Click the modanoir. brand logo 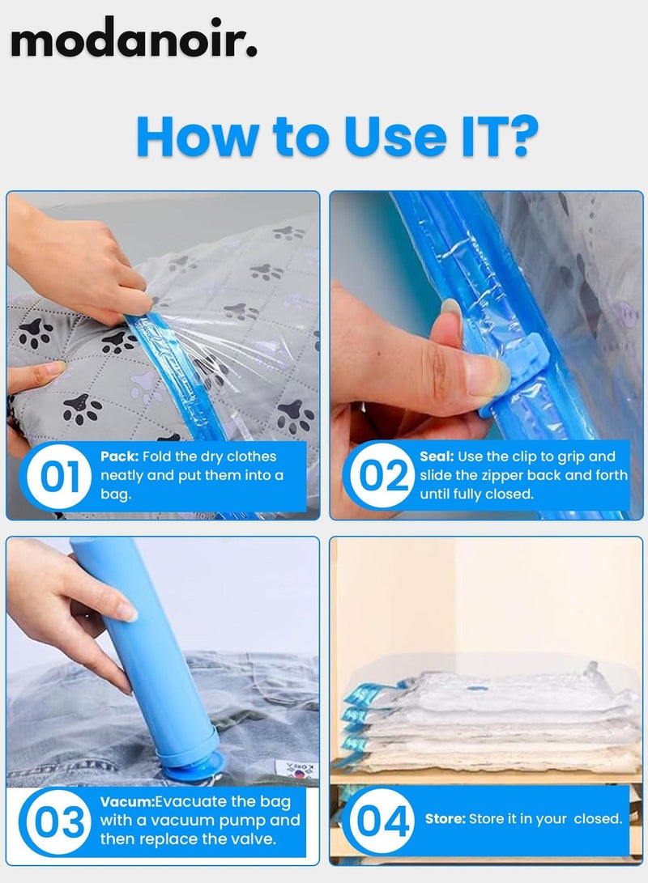coord(134,38)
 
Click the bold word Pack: coord(119,456)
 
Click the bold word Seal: coord(437,456)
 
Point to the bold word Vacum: coord(127,801)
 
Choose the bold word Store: coord(446,819)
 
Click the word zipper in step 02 coord(501,476)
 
